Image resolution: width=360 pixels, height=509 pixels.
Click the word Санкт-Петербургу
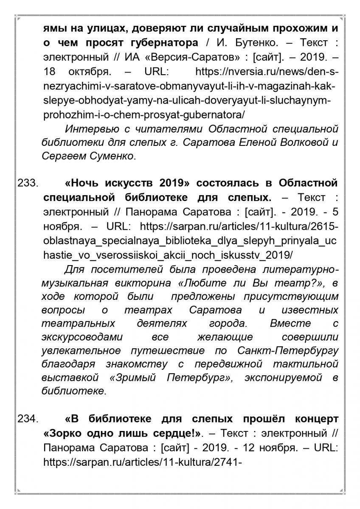click(x=289, y=351)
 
